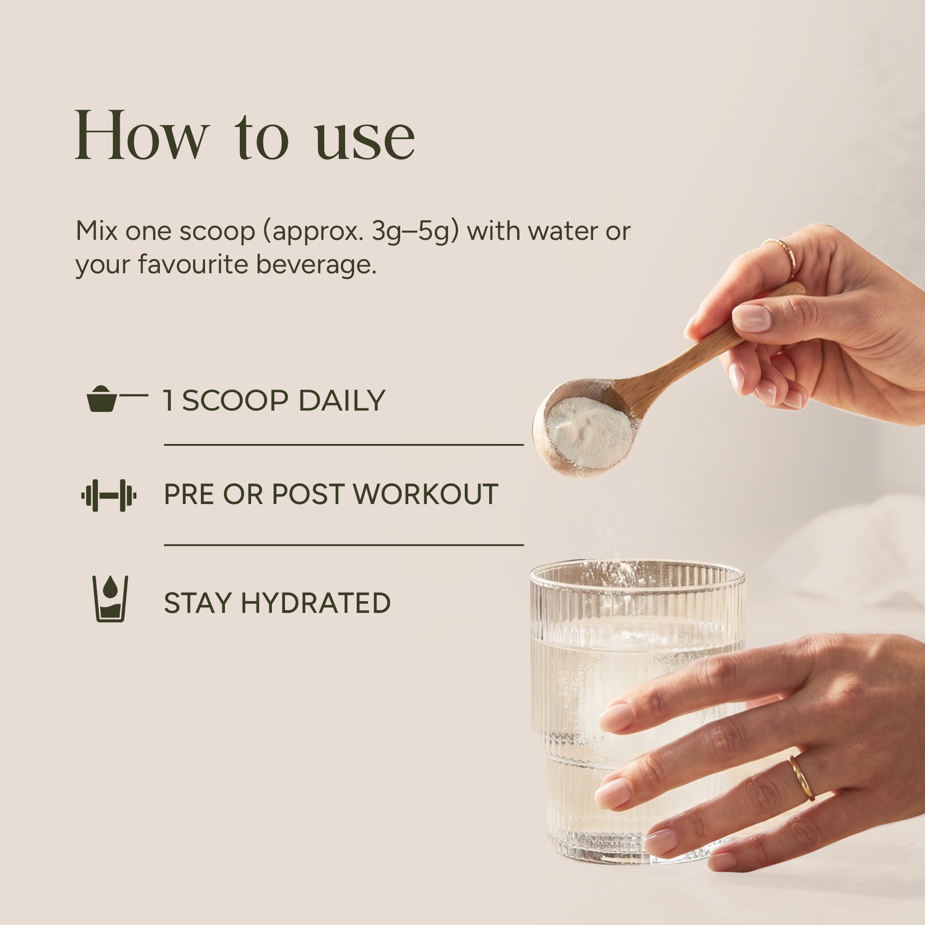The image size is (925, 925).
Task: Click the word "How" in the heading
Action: click(x=142, y=135)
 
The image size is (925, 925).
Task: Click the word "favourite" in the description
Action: click(x=193, y=264)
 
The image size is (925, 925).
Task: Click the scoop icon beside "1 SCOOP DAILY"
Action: click(x=117, y=398)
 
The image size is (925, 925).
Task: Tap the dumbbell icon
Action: click(x=109, y=495)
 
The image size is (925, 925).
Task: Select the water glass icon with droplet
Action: click(x=110, y=598)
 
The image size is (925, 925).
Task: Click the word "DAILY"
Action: click(x=342, y=401)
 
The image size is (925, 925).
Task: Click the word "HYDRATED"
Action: click(x=316, y=603)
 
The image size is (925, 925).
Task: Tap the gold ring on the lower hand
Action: click(x=802, y=778)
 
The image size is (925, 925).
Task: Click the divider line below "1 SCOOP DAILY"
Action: click(x=344, y=445)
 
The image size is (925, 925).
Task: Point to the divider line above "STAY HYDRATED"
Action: click(x=344, y=545)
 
